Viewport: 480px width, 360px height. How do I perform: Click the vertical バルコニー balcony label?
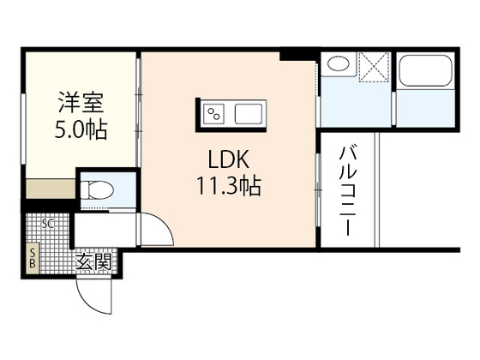pyautogui.click(x=350, y=193)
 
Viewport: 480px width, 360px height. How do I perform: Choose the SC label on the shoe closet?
pyautogui.click(x=48, y=224)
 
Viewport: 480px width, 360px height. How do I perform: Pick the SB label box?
pyautogui.click(x=33, y=258)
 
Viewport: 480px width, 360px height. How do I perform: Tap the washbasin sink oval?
pyautogui.click(x=338, y=65)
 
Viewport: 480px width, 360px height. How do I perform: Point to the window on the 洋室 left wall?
pyautogui.click(x=23, y=129)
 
